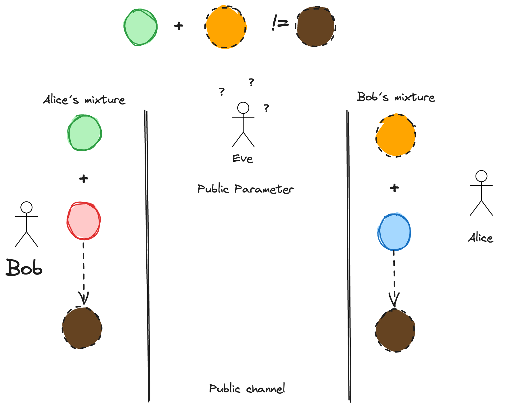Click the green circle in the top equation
pos(140,27)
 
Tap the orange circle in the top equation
pos(226,27)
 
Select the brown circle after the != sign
pos(316,26)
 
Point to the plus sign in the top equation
pos(179,26)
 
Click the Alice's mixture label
pos(84,100)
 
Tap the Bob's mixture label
pos(396,97)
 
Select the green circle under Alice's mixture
pos(85,133)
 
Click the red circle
pos(83,221)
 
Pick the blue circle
pos(394,232)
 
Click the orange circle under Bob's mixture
pos(396,136)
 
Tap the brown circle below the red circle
pos(82,328)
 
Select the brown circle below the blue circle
pos(395,330)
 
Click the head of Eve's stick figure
pos(243,108)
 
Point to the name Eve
pos(243,159)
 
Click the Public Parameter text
pos(246,189)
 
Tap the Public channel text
pos(247,389)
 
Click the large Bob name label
pos(24,268)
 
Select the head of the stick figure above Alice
pos(481,176)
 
